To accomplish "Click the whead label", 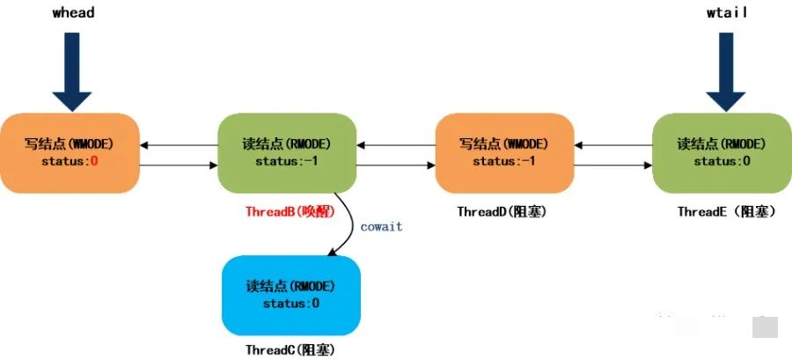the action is click(73, 12).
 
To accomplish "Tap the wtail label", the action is click(727, 12).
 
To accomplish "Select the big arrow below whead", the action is click(72, 71).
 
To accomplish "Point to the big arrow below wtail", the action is click(726, 71).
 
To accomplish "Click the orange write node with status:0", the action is click(70, 153).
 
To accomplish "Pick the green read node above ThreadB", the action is click(287, 153).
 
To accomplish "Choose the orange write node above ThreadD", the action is click(504, 153).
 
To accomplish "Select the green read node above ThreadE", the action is click(722, 153).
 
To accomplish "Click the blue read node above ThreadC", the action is click(291, 296).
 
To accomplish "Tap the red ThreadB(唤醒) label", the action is click(290, 211).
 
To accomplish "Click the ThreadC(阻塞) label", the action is click(290, 349).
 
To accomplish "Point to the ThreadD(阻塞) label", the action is click(502, 211).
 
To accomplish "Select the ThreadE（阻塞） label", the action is click(727, 211).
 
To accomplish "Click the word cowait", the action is click(381, 227).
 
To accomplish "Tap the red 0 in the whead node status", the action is click(93, 162).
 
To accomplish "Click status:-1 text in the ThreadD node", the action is click(504, 162).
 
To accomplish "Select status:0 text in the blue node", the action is click(291, 304).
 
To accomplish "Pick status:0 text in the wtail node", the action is click(722, 162).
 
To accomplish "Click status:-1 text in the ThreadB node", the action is click(287, 162).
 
